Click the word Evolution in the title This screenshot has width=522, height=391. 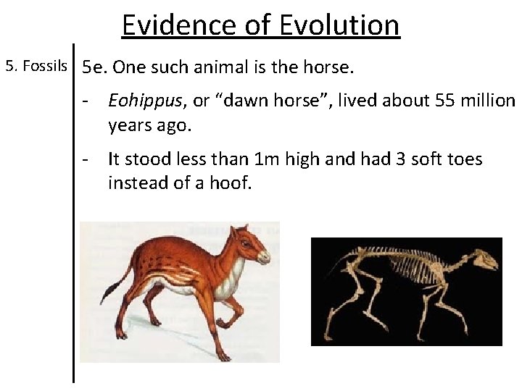coord(339,25)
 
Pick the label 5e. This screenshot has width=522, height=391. coord(94,68)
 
